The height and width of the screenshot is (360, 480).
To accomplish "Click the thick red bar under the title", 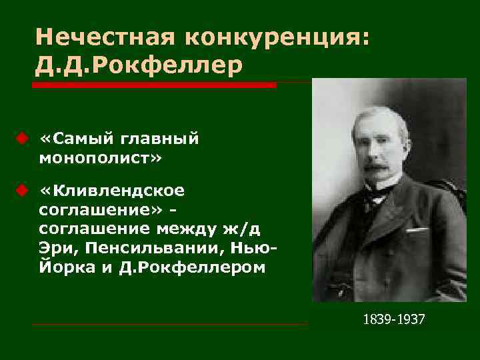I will point(153,85).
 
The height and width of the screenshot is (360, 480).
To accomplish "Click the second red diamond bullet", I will point(21,191).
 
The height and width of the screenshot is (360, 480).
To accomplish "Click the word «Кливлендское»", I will point(119,192).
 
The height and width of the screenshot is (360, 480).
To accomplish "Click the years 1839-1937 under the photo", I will point(393,320).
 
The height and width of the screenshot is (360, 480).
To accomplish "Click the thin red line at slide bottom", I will point(170,325).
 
